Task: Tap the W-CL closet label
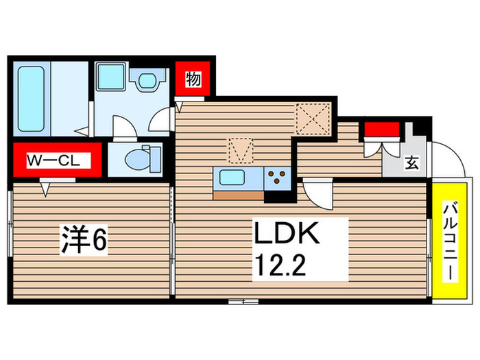point(55,160)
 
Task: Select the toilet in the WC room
point(140,158)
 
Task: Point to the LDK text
point(286,235)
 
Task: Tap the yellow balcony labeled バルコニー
point(450,240)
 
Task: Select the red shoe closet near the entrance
point(381,129)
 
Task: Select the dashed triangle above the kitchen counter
point(241,148)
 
